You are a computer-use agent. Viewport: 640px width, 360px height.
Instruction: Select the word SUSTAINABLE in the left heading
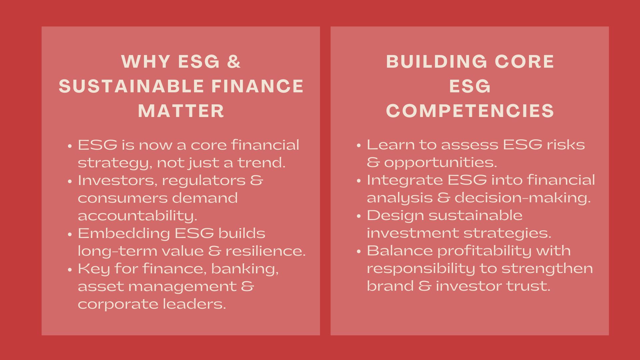[x=131, y=86]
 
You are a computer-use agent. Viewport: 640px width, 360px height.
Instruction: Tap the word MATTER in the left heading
[x=181, y=111]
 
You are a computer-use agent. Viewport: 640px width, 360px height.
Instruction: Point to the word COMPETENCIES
[x=470, y=111]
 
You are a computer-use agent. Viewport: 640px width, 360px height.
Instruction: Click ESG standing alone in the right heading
[x=470, y=86]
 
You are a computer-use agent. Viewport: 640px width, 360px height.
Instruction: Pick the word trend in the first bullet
[x=261, y=163]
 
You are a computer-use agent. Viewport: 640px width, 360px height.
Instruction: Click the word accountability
[x=137, y=216]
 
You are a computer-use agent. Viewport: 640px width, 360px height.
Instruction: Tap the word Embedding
[x=124, y=233]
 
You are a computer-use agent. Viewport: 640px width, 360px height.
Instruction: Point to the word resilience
[x=265, y=251]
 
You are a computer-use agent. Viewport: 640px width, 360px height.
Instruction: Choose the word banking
[x=245, y=269]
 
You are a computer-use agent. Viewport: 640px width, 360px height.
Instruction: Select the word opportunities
[x=440, y=163]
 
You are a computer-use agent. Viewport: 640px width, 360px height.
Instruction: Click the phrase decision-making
[x=523, y=198]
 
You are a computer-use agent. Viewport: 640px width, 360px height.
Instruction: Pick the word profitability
[x=484, y=251]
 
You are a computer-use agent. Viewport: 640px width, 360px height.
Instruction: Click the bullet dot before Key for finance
[x=70, y=270]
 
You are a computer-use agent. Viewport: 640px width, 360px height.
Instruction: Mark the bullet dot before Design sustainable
[x=359, y=216]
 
